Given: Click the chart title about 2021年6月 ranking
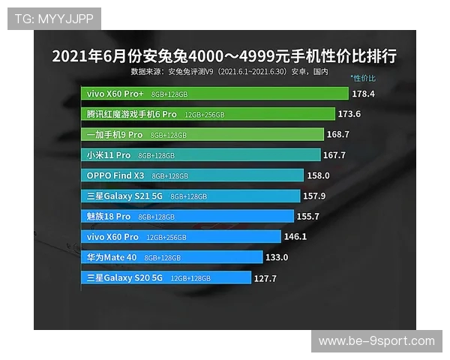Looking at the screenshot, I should pos(224,56).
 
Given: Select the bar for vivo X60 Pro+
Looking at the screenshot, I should pos(214,94).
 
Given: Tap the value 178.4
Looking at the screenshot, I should pos(363,94).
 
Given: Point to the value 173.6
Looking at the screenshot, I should pos(349,115).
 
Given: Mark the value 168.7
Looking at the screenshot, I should pos(337,135).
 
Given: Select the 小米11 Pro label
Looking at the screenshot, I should pos(108,155).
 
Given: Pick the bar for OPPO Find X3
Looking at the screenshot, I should pos(192,175).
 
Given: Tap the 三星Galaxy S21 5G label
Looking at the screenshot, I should pos(124,196).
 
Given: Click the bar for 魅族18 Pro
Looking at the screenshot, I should pos(187,216).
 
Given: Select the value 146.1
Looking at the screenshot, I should pos(295,236).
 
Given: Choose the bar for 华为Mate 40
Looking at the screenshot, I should pos(172,256).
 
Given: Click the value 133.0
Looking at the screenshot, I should pos(276,257).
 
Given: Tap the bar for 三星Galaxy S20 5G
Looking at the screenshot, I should pos(166,277).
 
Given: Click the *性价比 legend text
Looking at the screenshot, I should pos(363,78).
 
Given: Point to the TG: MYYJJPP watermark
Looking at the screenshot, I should pos(54,19).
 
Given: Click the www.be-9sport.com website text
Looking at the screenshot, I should pos(376,341).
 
